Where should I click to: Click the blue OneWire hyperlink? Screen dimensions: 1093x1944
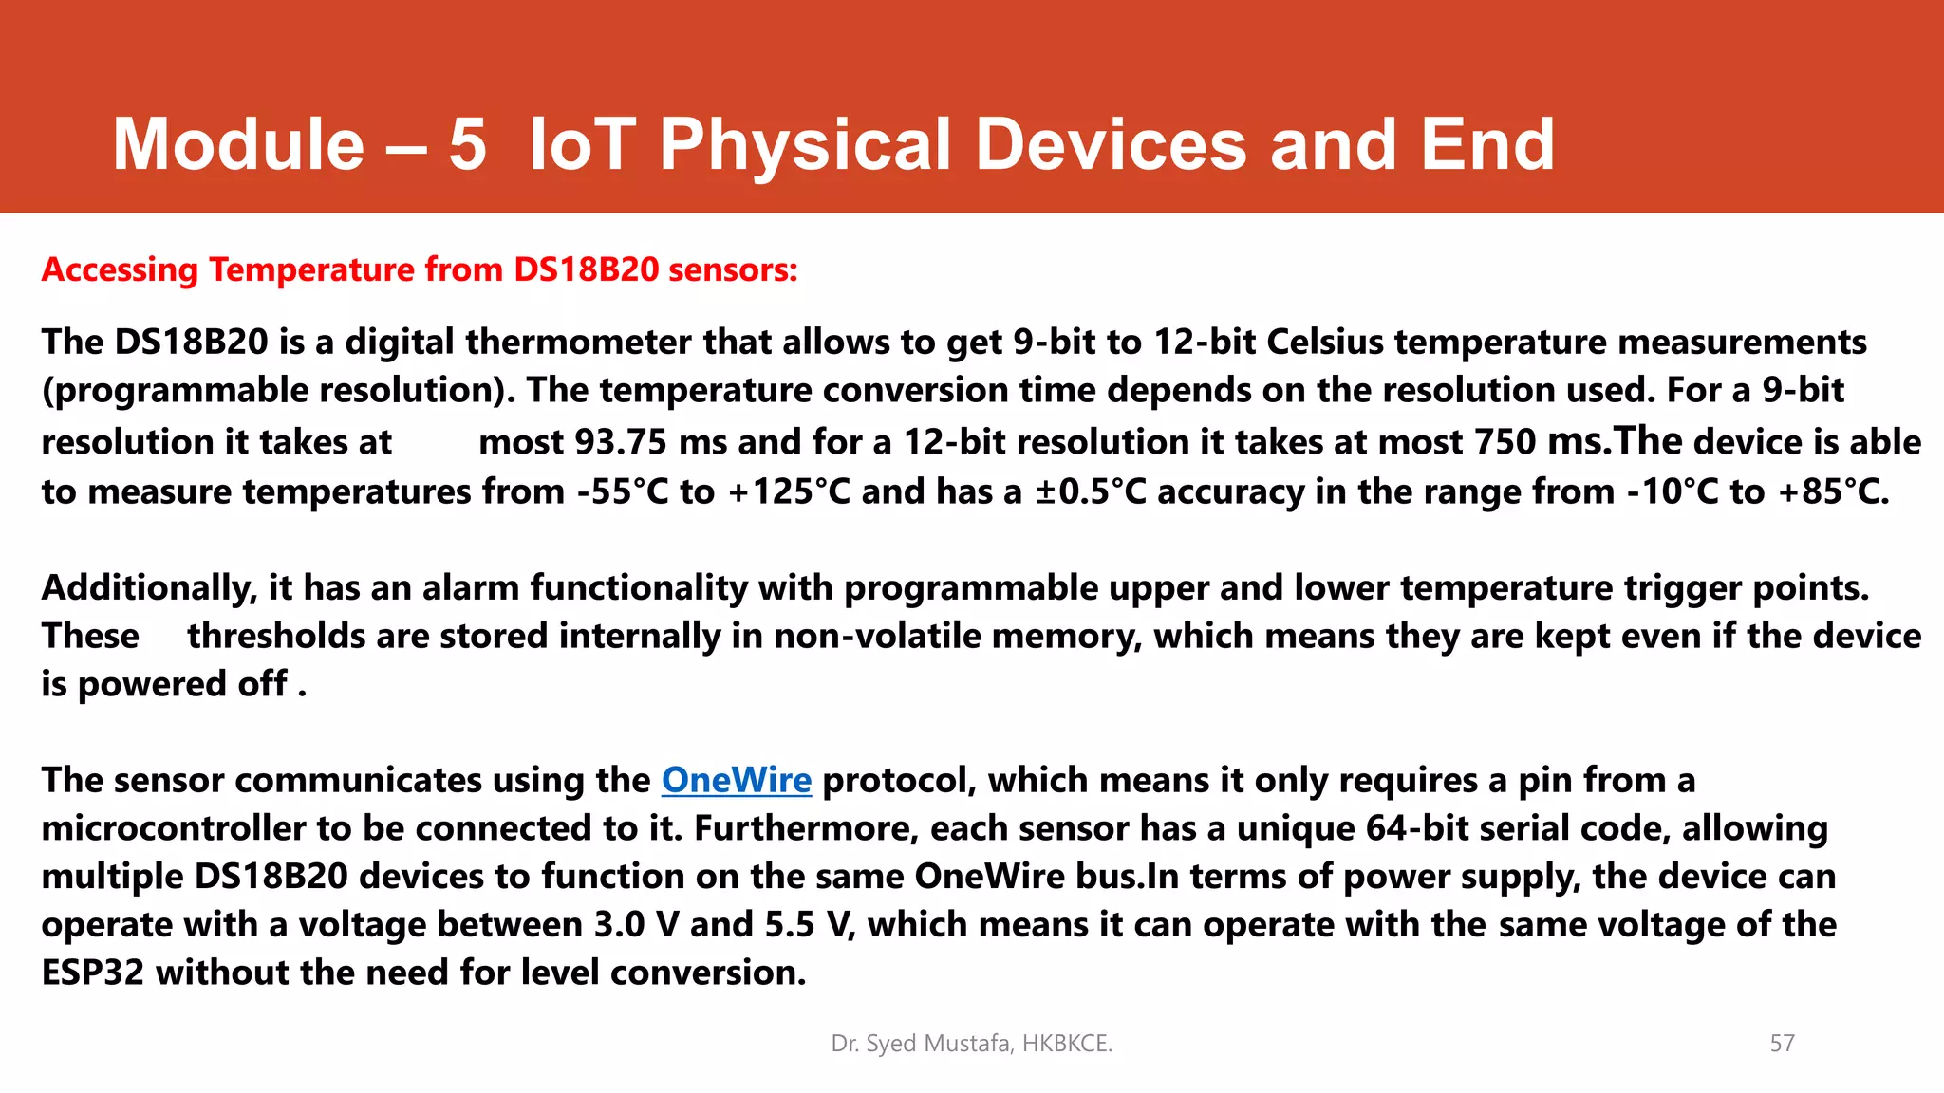(736, 780)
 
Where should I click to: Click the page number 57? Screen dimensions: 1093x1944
(1782, 1044)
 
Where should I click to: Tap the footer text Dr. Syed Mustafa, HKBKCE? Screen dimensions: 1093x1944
(971, 1044)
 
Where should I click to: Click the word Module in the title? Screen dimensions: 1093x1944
(238, 145)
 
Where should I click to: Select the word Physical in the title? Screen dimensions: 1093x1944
(805, 145)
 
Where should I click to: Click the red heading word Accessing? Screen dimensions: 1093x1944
(120, 270)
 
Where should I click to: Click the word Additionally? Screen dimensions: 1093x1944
(149, 588)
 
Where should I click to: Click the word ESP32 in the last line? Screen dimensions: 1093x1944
(92, 973)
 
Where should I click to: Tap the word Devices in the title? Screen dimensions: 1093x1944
(1111, 145)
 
